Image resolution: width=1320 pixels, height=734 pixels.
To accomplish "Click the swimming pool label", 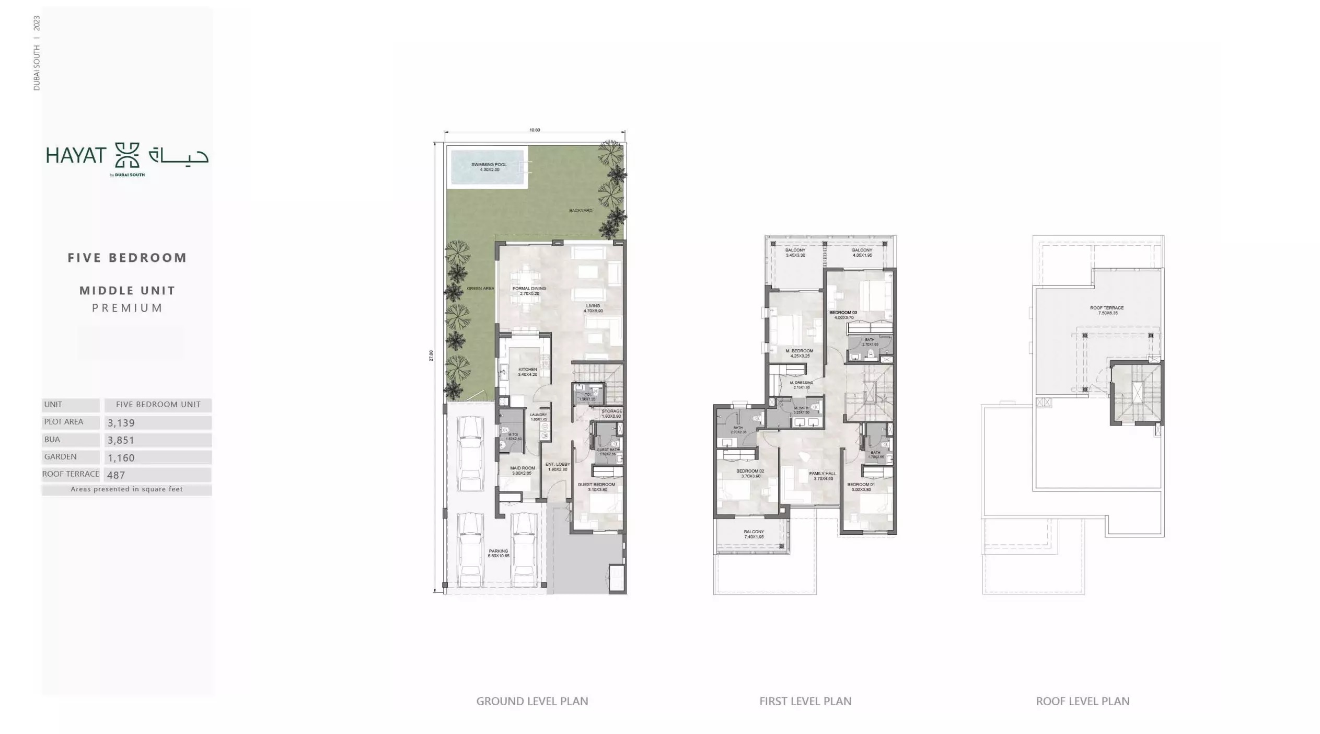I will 489,167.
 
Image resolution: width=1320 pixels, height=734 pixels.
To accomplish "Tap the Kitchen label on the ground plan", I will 527,372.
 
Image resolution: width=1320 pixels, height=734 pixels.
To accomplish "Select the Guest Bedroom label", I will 596,487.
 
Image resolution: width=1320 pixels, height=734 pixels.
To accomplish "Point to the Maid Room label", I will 523,470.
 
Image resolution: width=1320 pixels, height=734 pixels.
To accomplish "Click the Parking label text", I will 498,553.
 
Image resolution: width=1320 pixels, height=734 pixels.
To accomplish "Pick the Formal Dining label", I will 529,291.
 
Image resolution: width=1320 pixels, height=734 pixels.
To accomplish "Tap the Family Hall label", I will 823,476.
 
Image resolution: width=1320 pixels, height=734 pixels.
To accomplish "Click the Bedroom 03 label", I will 843,315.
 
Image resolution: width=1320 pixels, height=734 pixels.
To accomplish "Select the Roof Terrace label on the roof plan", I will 1107,310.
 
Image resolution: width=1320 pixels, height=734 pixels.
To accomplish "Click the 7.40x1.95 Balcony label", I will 754,534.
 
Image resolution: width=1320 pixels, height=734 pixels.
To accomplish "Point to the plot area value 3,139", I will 121,423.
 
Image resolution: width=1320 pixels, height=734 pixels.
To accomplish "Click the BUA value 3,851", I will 121,440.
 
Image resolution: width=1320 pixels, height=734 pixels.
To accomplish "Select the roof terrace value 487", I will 116,475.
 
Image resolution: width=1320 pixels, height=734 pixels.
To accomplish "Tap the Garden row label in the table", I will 61,457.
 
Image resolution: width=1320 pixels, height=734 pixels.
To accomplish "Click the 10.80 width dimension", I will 535,130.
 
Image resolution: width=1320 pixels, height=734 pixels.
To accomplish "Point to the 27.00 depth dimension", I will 431,355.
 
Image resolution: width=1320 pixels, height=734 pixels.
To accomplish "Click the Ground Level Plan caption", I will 532,701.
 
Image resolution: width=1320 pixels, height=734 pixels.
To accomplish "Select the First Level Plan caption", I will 805,701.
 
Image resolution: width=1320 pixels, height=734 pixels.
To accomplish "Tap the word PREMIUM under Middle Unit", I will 128,308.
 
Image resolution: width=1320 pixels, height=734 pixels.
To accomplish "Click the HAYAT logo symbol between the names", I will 127,155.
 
